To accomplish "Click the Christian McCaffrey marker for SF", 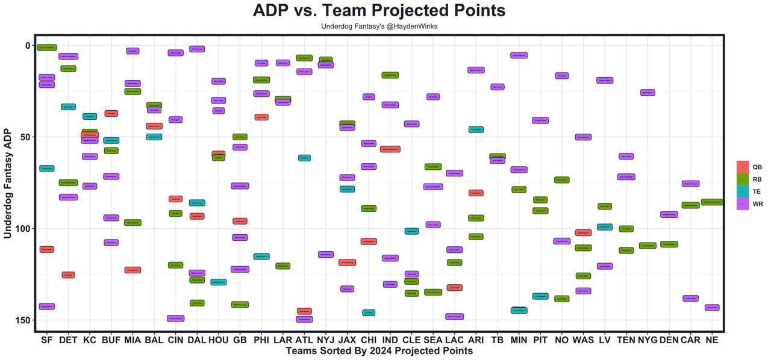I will [47, 48].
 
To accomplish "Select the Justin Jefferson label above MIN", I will [519, 55].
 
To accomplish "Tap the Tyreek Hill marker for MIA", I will [133, 51].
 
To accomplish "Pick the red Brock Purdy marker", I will [47, 249].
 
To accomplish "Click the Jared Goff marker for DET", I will [68, 275].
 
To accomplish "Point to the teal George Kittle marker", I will [47, 169].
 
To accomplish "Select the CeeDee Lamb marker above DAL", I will [198, 49].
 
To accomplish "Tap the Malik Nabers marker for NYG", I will [647, 93].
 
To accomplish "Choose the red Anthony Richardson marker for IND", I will [390, 149].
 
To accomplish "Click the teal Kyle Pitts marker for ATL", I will [304, 158].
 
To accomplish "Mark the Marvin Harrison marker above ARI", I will [476, 70].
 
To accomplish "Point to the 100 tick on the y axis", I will [27, 229].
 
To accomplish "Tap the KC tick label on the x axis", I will [90, 340].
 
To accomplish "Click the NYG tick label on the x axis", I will [647, 340].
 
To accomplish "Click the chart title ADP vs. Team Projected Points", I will [379, 11].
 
